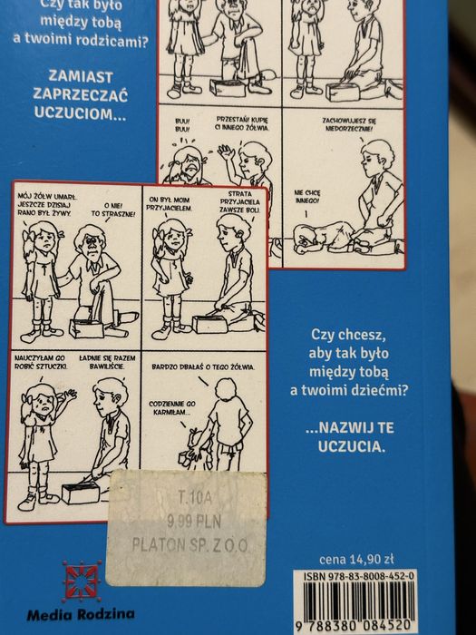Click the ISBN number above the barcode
360,576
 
